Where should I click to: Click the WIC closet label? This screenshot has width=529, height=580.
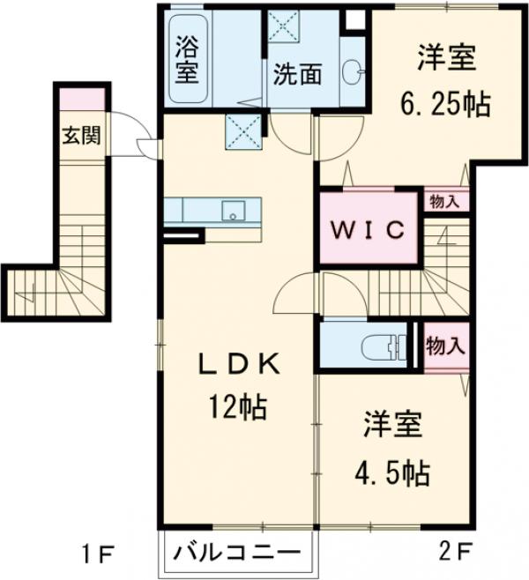[x=368, y=228]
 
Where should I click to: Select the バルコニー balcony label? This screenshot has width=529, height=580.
[x=235, y=554]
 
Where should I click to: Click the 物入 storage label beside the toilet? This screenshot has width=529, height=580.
[x=444, y=345]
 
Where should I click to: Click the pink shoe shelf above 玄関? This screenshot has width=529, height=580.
[x=81, y=97]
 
